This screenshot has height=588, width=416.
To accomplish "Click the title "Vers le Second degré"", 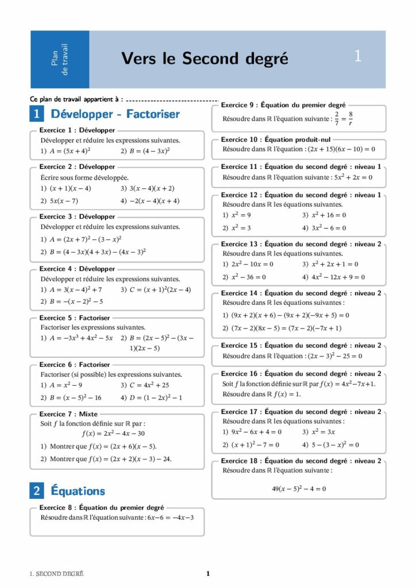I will point(205,59).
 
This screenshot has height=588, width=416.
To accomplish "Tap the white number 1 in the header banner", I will point(358,56).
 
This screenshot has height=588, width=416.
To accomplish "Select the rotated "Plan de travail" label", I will point(60,59).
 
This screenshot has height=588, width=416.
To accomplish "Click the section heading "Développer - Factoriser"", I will point(115,114).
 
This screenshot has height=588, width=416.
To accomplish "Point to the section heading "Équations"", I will point(78,491).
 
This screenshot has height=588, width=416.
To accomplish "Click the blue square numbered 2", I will point(37,491).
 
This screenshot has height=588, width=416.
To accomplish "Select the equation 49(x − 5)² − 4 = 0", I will point(299,489).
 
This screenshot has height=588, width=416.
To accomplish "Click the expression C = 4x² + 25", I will point(153,385).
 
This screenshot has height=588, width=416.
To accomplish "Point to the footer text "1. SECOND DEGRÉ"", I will point(56,573).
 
